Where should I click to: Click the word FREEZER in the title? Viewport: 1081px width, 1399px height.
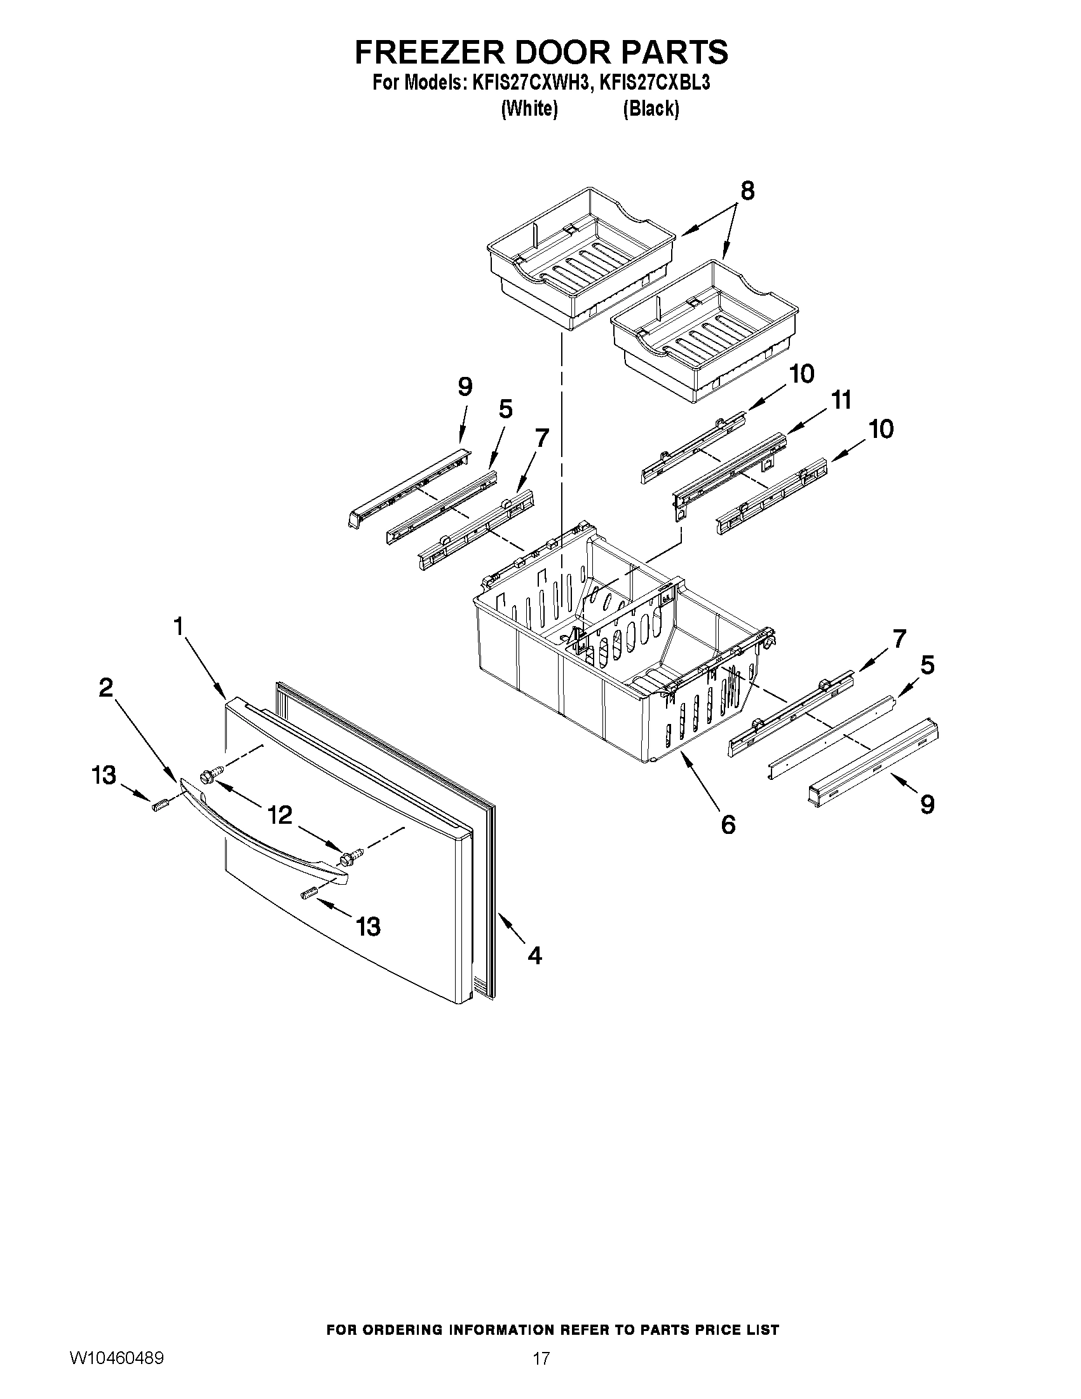430,53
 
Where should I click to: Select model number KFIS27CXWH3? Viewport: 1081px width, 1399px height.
529,83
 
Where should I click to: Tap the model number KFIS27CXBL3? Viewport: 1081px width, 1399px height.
655,83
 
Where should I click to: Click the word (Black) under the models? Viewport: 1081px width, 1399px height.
651,109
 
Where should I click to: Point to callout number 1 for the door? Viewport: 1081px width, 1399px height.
179,626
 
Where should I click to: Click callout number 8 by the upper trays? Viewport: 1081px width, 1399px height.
747,191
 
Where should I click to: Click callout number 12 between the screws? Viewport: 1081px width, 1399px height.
279,815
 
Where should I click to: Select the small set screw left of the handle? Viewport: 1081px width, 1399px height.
159,805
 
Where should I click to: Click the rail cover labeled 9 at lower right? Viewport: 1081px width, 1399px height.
874,762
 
